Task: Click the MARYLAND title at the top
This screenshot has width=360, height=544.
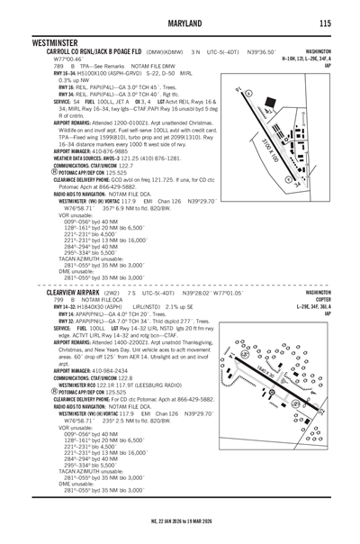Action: click(180, 23)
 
